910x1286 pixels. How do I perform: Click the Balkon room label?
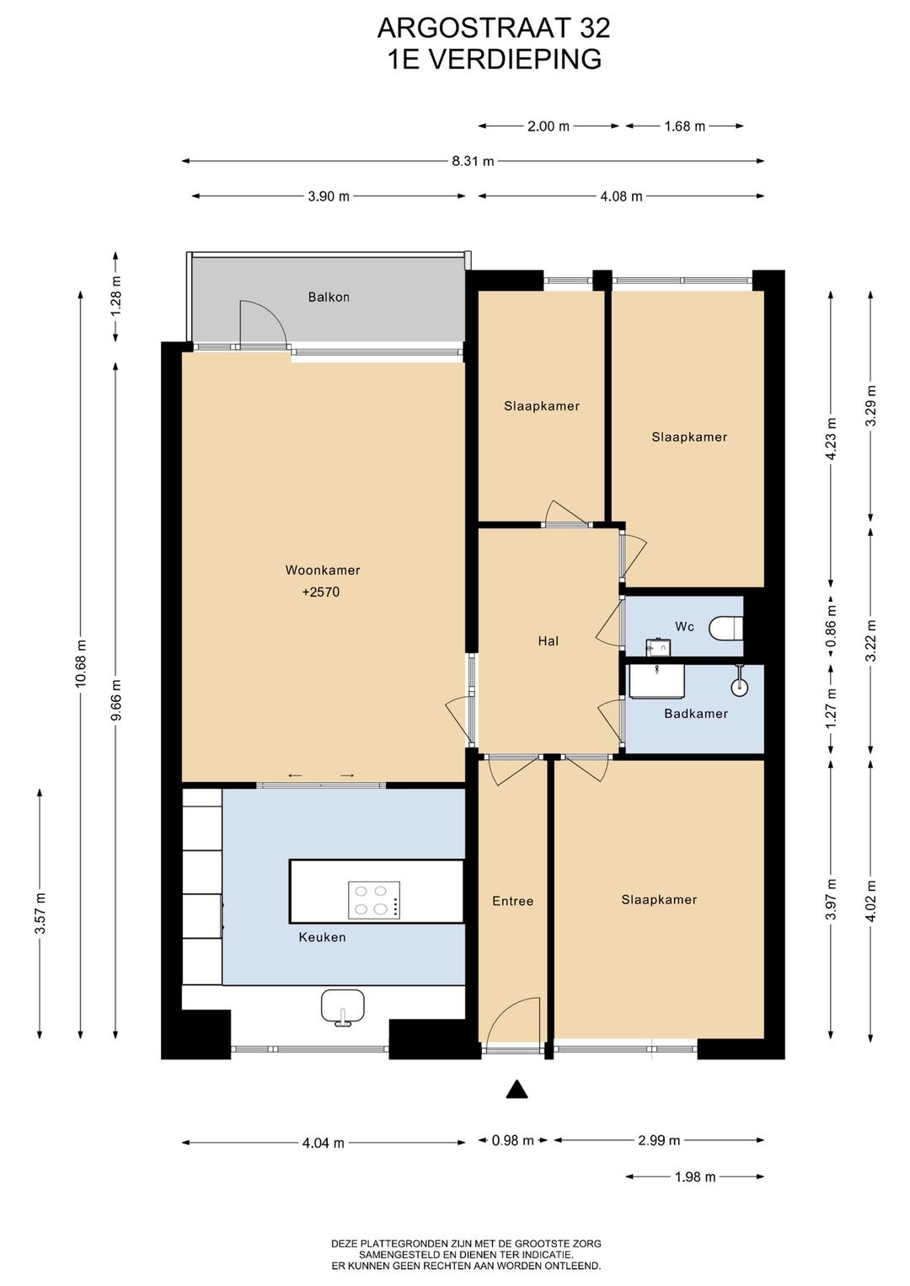[329, 297]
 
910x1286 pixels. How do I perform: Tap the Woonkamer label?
[323, 570]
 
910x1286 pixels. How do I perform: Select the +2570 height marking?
[321, 592]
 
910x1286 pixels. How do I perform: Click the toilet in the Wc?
[726, 628]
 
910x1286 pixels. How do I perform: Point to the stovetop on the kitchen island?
[374, 900]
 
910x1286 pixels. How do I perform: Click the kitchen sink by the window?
[342, 1008]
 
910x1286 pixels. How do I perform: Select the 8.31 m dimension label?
[473, 161]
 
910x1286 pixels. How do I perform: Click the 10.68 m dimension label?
[81, 663]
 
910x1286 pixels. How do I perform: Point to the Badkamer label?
[696, 714]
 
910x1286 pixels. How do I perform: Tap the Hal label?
[549, 640]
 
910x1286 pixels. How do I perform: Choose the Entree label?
[512, 902]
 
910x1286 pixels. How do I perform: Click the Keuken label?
[322, 937]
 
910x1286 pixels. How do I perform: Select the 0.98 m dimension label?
[512, 1140]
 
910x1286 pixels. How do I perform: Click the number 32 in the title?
[594, 29]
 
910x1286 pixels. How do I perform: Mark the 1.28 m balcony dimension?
[116, 296]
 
